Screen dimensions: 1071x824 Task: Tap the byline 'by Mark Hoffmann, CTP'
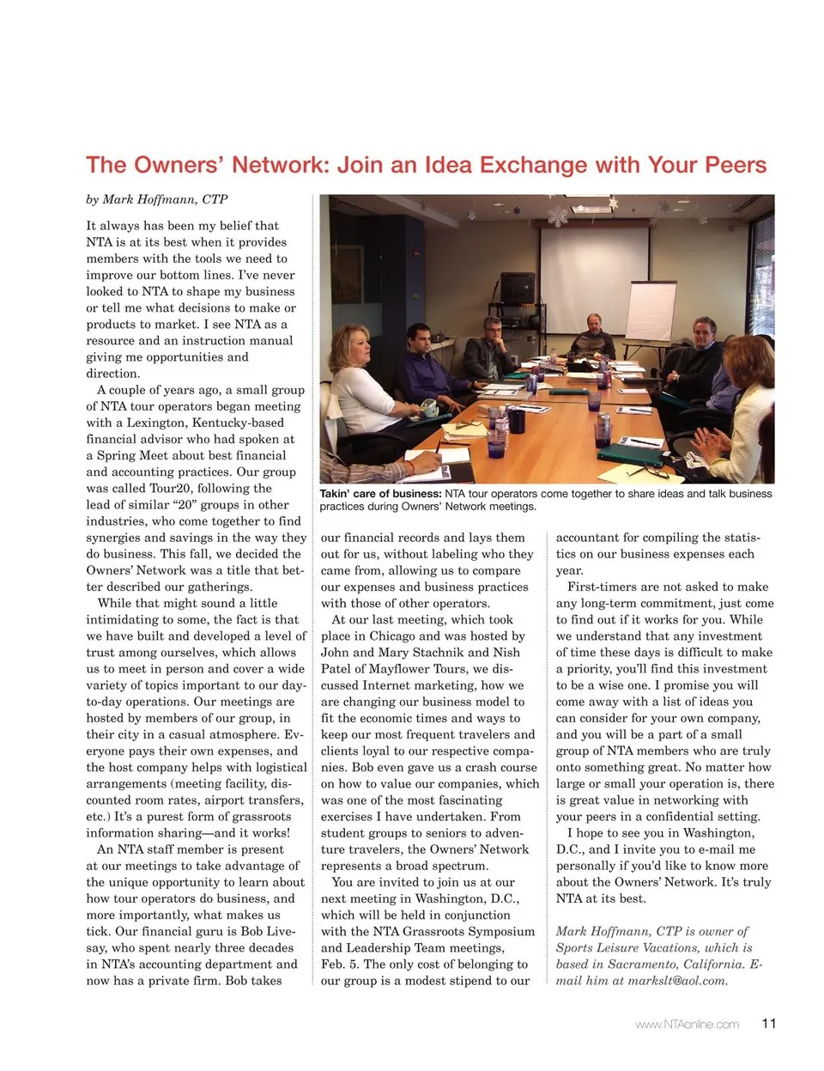coord(156,199)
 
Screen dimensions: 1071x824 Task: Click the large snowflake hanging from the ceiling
coord(558,216)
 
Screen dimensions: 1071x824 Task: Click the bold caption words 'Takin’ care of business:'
coord(380,494)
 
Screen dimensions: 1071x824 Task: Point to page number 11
coord(768,1023)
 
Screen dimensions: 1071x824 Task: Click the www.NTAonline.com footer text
coord(687,1024)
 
